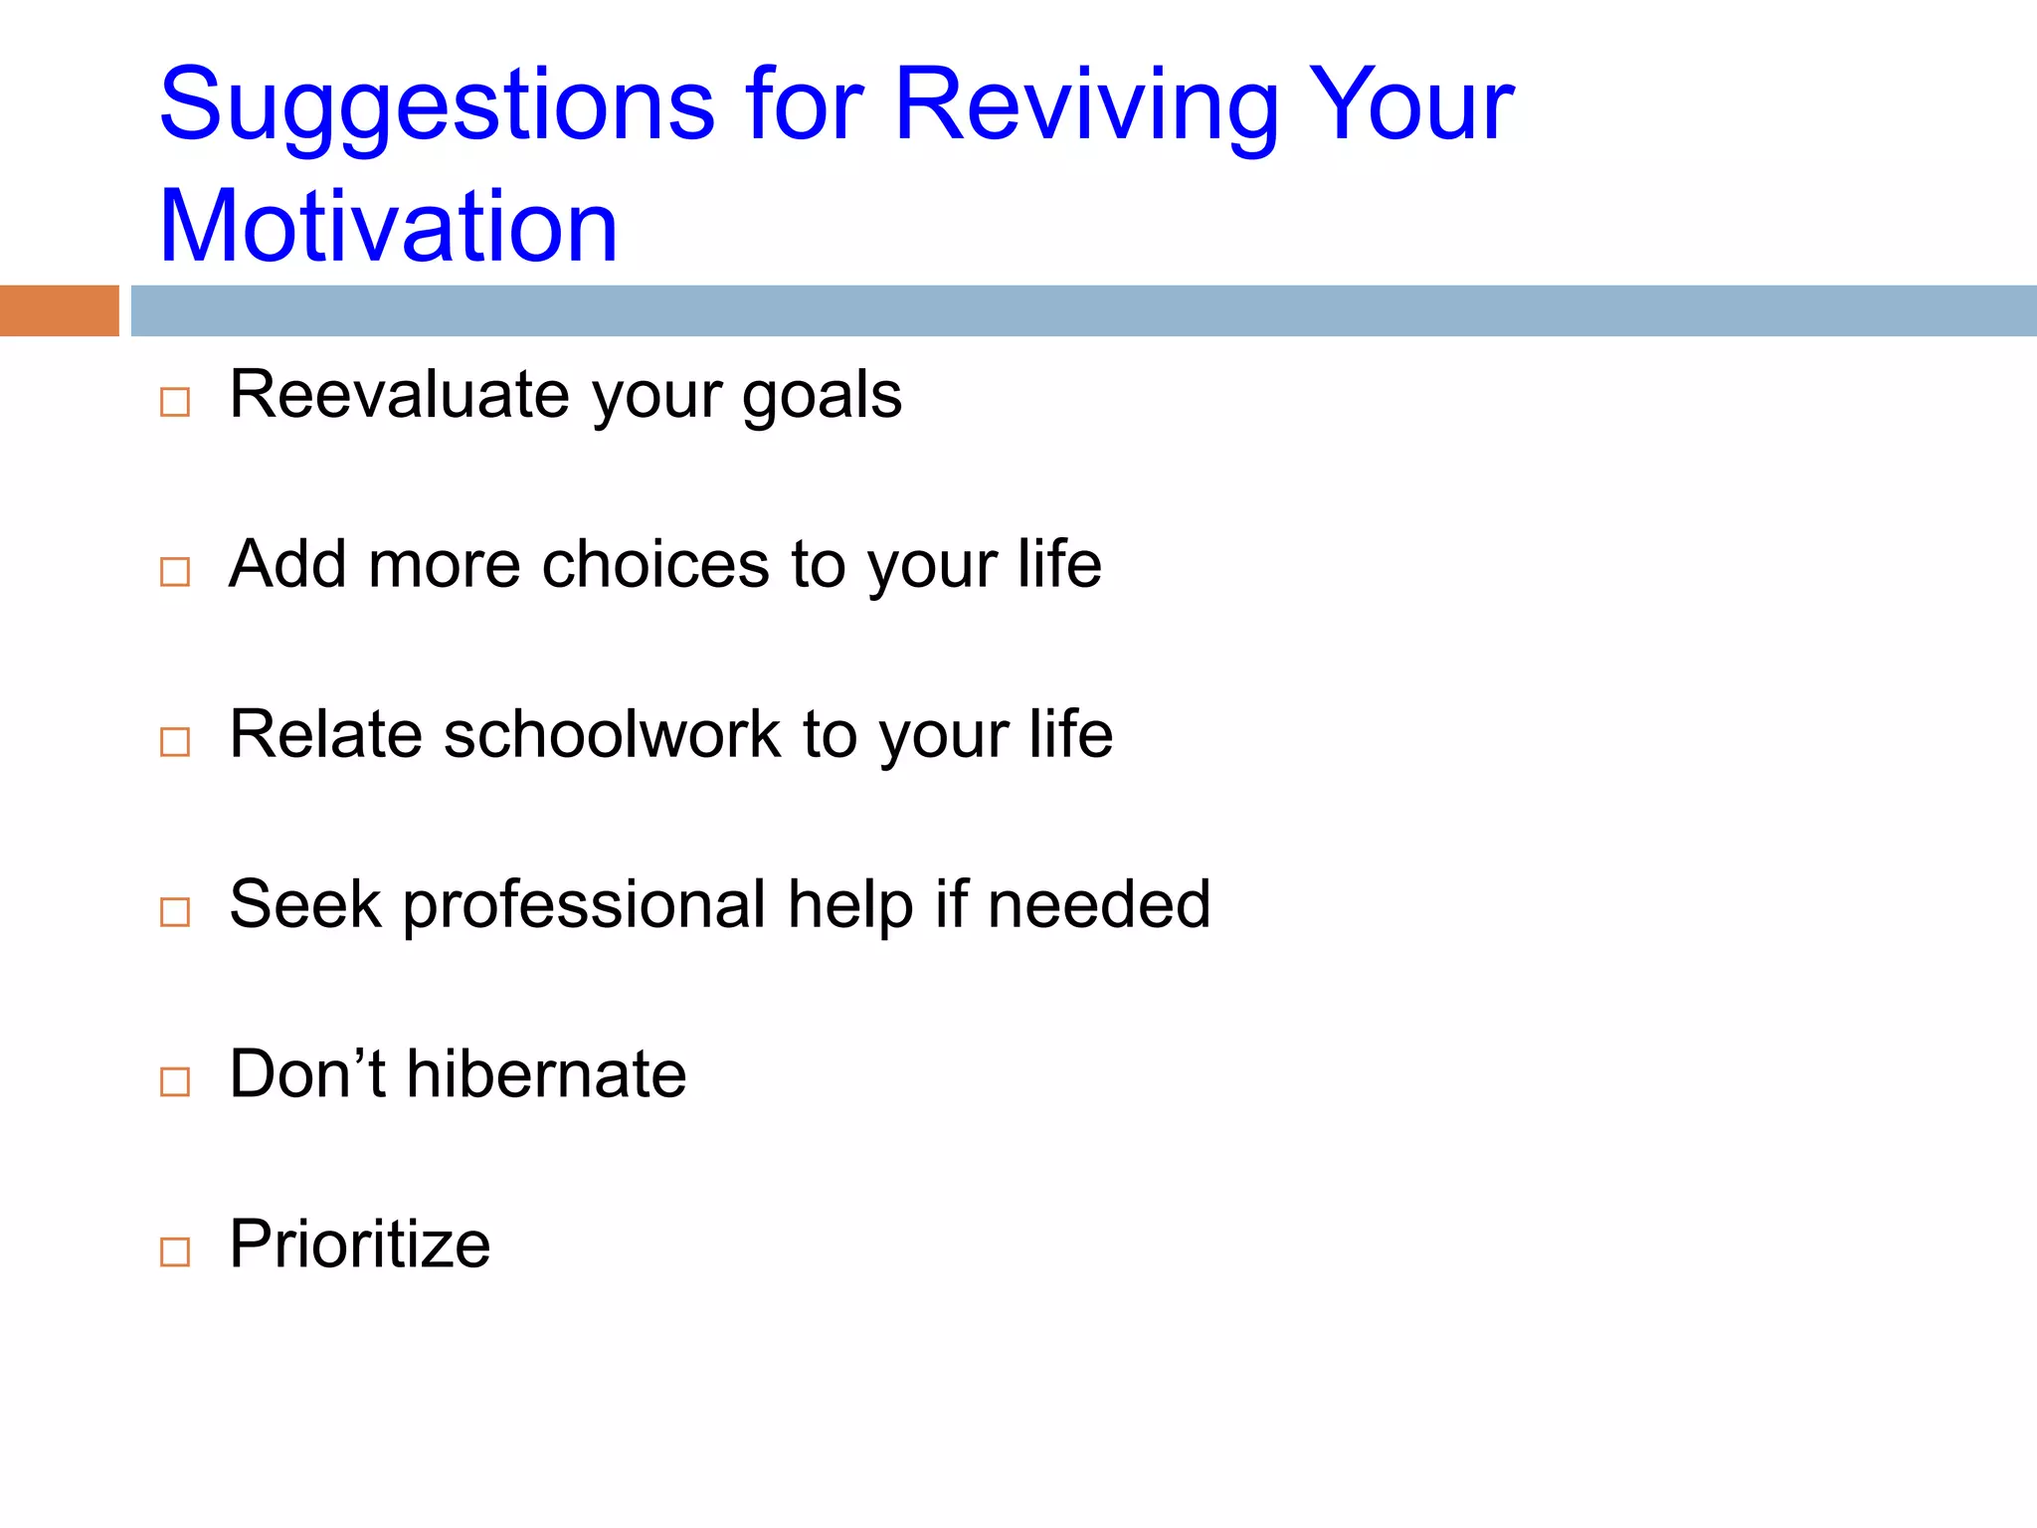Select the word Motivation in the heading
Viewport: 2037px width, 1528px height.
(388, 227)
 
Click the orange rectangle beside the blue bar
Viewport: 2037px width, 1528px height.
(59, 310)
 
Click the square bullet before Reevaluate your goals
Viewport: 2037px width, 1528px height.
(175, 402)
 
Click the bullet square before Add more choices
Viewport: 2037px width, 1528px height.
(175, 571)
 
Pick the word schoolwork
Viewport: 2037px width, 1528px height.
(612, 735)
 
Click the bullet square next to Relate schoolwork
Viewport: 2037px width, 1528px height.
(175, 741)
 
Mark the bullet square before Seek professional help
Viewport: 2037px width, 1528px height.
(175, 911)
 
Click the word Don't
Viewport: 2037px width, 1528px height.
(306, 1074)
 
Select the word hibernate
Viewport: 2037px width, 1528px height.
(546, 1074)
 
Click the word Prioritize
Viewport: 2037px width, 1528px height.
(359, 1244)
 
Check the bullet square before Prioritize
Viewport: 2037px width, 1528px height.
(175, 1251)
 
